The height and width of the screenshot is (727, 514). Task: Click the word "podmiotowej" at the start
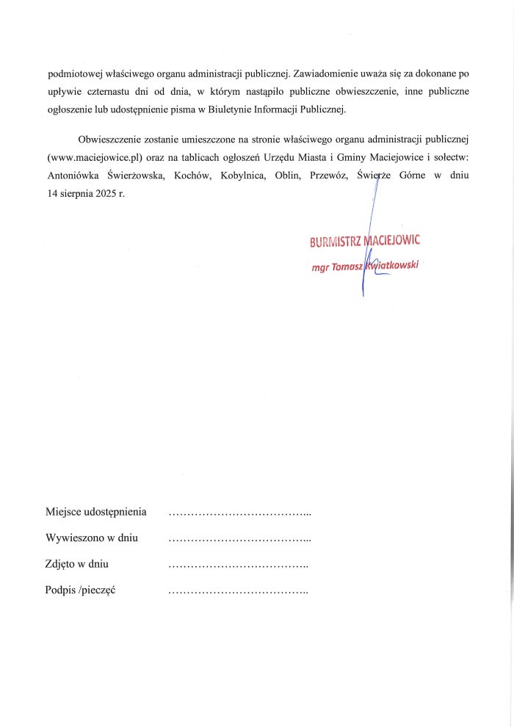(73, 73)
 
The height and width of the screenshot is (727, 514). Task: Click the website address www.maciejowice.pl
(93, 157)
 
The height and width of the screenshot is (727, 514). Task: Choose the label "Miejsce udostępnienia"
(95, 512)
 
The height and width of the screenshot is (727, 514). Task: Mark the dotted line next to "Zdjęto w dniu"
(238, 565)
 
